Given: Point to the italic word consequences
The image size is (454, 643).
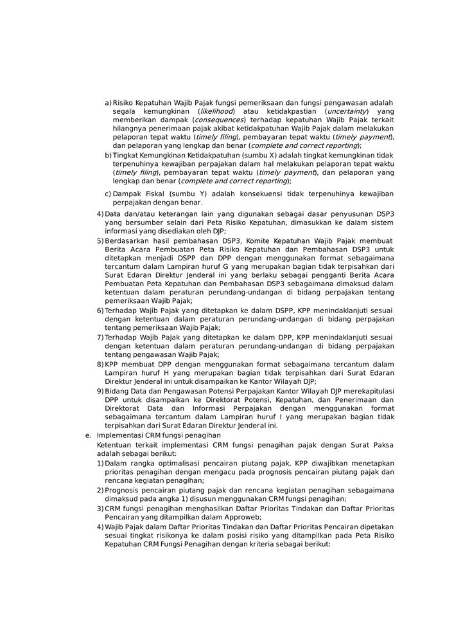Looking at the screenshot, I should pyautogui.click(x=220, y=120).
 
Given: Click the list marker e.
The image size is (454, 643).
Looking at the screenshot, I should pyautogui.click(x=88, y=435).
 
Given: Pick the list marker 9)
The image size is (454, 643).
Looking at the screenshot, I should pyautogui.click(x=100, y=390).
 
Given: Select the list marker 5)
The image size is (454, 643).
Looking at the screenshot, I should pyautogui.click(x=100, y=240).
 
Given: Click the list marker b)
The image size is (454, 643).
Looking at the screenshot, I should pyautogui.click(x=108, y=155).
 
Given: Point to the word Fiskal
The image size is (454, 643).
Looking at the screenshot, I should pyautogui.click(x=153, y=194).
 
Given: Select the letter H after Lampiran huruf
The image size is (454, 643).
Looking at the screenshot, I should pyautogui.click(x=162, y=373).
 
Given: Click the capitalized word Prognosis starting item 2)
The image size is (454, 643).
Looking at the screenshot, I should pyautogui.click(x=124, y=490).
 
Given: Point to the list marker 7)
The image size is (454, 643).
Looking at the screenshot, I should pyautogui.click(x=100, y=337).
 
